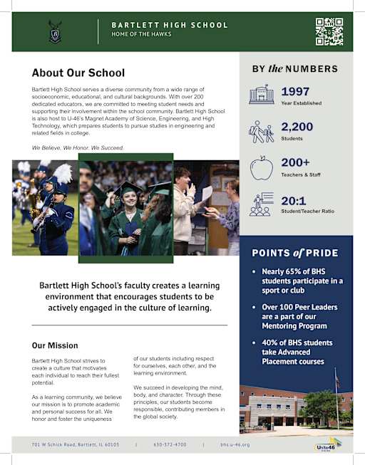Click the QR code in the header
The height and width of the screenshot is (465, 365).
[x=329, y=31]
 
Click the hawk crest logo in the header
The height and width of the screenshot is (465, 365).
[x=55, y=31]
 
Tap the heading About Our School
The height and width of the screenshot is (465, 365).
[x=78, y=73]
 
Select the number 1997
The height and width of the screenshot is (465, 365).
[x=295, y=91]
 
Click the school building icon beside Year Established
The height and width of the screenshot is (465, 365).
[x=261, y=95]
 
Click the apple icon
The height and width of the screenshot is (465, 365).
[x=261, y=168]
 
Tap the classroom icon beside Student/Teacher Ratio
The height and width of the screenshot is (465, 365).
[x=261, y=204]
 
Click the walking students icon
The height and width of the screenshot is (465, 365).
[x=261, y=132]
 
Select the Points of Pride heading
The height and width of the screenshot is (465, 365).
[x=295, y=254]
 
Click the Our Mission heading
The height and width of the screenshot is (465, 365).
[x=55, y=345]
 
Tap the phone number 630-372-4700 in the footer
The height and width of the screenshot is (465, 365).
[x=170, y=444]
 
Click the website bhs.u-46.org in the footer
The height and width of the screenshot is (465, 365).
[x=235, y=444]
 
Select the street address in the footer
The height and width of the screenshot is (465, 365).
[x=76, y=444]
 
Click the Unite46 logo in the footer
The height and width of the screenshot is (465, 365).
[x=328, y=445]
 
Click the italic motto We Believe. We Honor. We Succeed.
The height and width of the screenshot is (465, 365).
[x=78, y=147]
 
